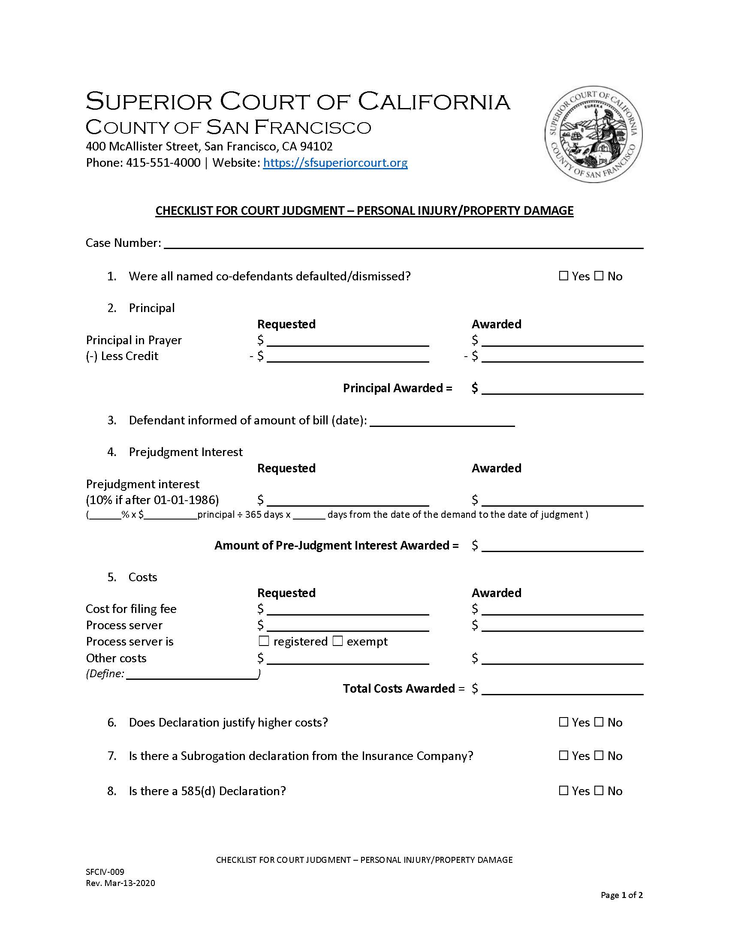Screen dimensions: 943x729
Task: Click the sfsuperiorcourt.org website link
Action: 335,163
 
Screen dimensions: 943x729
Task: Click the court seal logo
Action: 593,134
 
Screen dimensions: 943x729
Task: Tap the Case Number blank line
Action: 404,243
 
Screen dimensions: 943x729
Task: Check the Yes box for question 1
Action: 563,276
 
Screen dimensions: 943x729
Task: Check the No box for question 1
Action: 599,276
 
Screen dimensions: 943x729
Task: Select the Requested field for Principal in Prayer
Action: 348,341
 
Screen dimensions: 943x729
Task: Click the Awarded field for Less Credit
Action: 562,357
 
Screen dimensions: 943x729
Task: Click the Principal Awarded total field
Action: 562,389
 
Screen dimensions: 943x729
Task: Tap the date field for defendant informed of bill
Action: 442,421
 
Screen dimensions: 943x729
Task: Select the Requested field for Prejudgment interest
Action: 348,500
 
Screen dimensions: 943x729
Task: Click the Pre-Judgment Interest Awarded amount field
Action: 562,546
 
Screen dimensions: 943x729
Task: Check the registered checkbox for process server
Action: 264,642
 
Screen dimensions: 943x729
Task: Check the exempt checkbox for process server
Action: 338,642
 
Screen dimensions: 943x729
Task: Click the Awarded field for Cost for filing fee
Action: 562,610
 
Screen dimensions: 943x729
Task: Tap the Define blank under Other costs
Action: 192,674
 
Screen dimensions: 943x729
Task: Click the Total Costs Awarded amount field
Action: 562,689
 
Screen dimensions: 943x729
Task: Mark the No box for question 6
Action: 599,722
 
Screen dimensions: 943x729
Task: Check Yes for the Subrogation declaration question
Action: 563,756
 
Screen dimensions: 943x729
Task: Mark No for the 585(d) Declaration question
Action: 599,791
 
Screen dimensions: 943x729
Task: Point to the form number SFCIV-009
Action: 105,872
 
